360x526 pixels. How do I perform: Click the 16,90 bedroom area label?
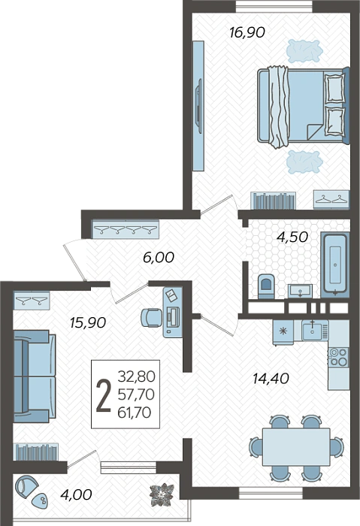(x=247, y=32)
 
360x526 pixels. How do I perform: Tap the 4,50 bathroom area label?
(x=292, y=237)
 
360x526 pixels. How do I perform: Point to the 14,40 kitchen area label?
(x=271, y=379)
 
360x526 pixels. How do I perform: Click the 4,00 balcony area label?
(x=76, y=494)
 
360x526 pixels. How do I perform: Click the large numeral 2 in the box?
(x=103, y=396)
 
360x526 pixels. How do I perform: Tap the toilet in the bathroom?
(x=266, y=286)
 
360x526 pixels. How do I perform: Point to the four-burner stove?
(x=338, y=357)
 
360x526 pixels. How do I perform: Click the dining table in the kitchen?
(x=296, y=446)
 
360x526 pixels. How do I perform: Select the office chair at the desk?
(x=151, y=317)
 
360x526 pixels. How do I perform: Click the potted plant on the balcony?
(x=162, y=494)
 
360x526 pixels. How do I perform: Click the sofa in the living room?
(x=35, y=376)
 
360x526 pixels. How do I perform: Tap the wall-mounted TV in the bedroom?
(x=198, y=106)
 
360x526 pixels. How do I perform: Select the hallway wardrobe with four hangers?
(x=126, y=228)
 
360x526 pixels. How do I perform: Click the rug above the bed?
(x=304, y=50)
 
